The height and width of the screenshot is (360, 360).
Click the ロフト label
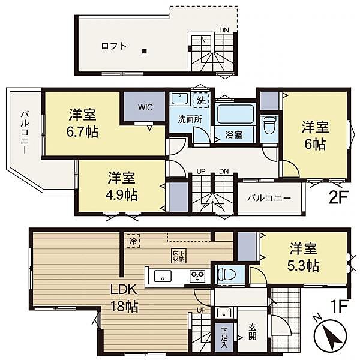[x=113, y=46]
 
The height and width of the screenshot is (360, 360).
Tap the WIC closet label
[x=145, y=108]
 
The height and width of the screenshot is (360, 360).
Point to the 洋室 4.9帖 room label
[x=122, y=186]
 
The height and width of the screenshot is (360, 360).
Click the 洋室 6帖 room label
[x=315, y=136]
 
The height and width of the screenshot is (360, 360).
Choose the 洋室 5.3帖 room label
[x=304, y=256]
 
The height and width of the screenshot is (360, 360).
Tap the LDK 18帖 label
[x=124, y=296]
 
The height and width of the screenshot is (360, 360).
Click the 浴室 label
[x=233, y=134]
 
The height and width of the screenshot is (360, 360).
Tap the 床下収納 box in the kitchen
[x=178, y=256]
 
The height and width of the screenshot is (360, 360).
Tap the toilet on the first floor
[x=226, y=275]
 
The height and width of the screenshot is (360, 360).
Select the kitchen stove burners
[x=197, y=276]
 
